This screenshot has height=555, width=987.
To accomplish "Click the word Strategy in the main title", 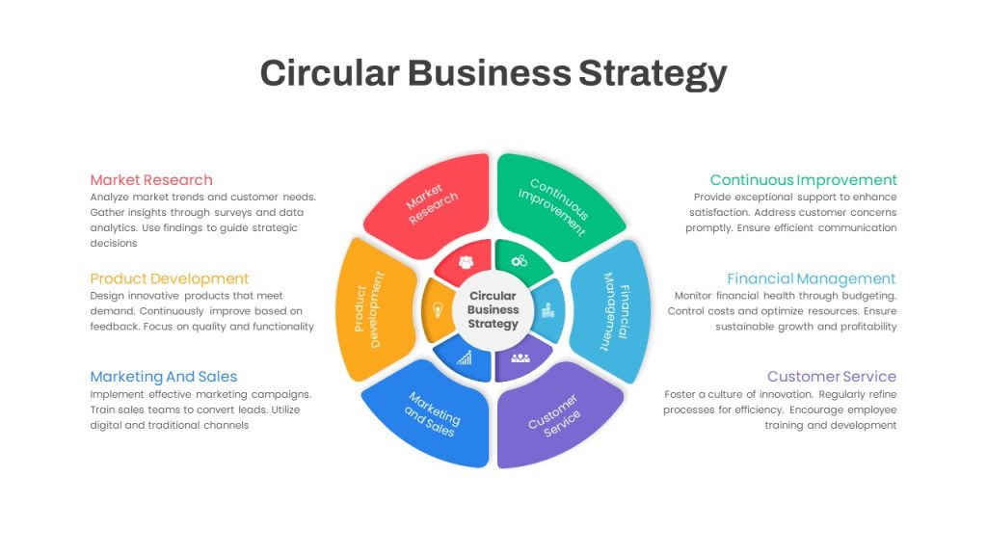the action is (x=653, y=74).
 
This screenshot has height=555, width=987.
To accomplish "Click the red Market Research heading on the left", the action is (x=151, y=180).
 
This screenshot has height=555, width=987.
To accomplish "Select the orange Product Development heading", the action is (x=170, y=278).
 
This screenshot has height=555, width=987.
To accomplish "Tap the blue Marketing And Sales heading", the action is (x=164, y=377).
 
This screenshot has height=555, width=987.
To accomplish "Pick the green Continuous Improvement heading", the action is (x=803, y=180).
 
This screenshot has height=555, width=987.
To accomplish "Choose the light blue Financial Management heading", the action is (x=812, y=278).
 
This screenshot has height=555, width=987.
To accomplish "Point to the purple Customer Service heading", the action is (x=832, y=377).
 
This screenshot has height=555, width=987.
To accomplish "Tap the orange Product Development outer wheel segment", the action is (x=373, y=309).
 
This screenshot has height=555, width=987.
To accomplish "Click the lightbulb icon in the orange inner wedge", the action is (x=439, y=309).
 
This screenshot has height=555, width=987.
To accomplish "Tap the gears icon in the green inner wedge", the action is (x=520, y=260).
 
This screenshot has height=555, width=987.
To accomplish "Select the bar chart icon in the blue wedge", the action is (x=465, y=358).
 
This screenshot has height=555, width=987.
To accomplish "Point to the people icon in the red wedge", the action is (x=466, y=262).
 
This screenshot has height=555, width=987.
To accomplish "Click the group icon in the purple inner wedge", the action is (x=520, y=358).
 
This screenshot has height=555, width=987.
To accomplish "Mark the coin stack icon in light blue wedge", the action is (x=548, y=309).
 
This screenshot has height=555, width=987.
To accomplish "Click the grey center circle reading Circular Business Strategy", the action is (x=493, y=310).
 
